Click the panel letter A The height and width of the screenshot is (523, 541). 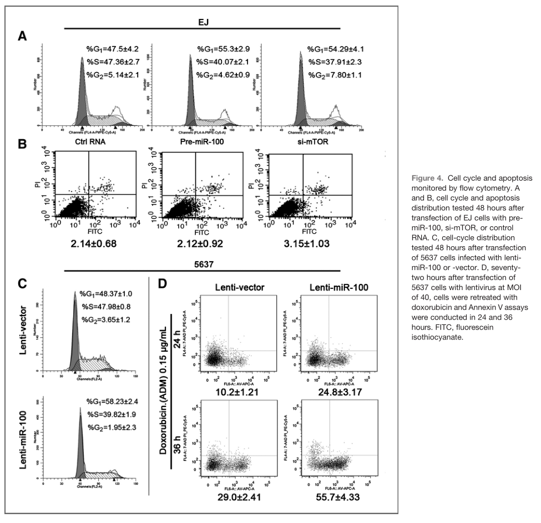click(x=22, y=37)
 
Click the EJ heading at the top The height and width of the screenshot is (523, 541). click(x=201, y=18)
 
